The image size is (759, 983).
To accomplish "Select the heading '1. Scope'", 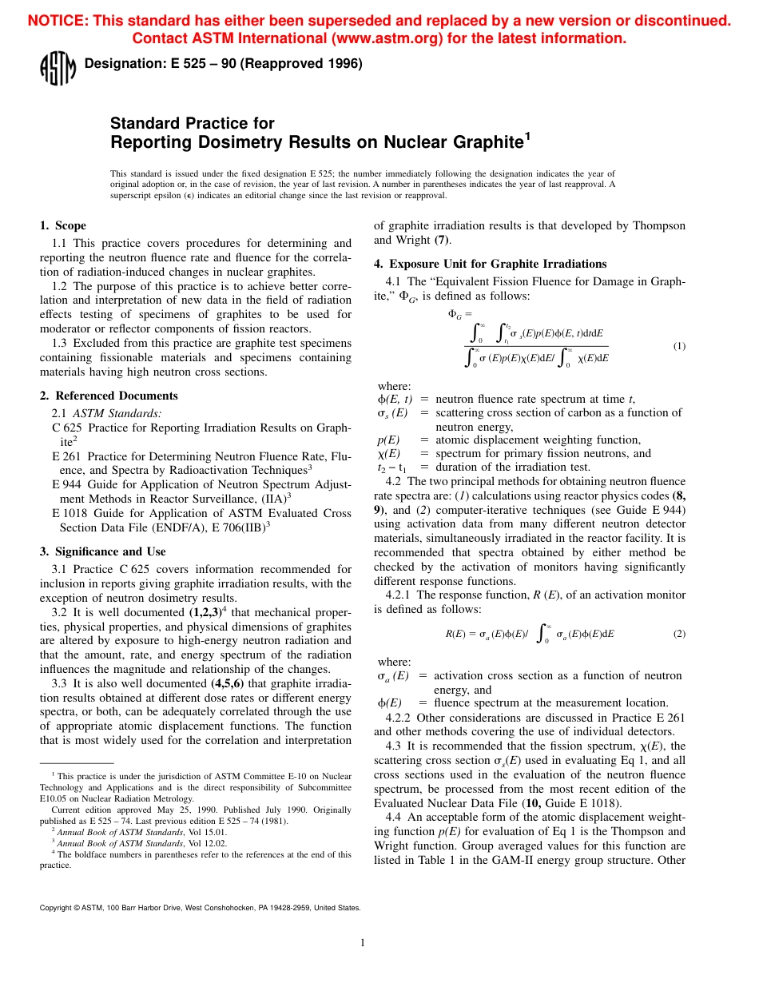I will tap(63, 225).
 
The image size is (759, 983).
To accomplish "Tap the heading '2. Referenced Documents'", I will tap(109, 396).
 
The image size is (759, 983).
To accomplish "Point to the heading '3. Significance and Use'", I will tap(102, 551).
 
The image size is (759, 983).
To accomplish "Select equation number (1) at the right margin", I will tap(678, 346).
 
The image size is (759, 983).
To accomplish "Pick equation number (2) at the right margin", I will tap(678, 634).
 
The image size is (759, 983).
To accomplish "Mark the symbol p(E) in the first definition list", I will tap(388, 440).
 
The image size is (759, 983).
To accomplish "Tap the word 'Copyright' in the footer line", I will tap(57, 908).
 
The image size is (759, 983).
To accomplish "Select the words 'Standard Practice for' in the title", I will tap(192, 123).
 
